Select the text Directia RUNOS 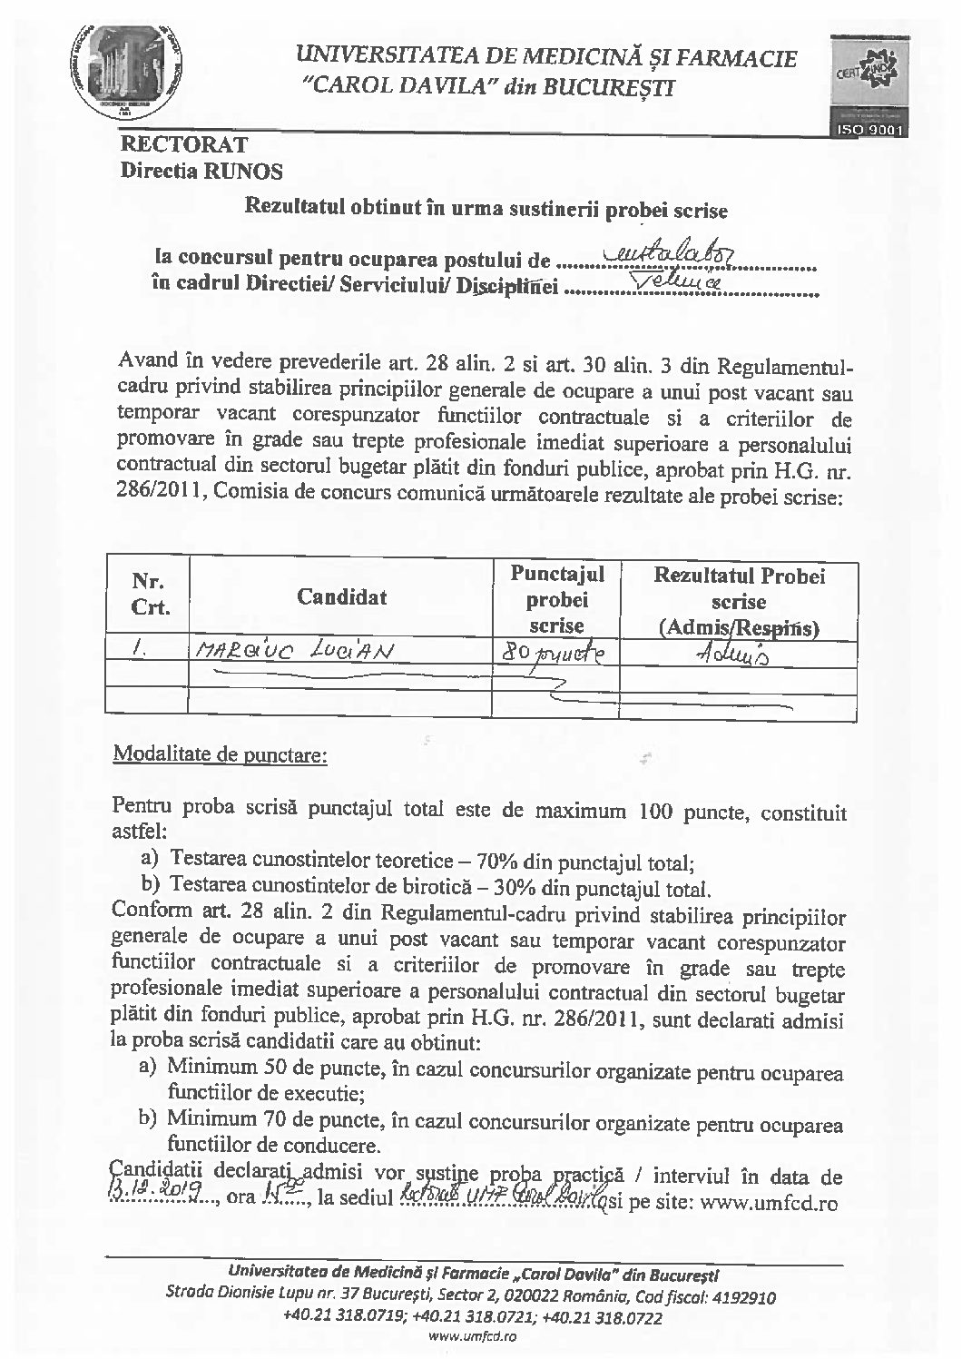pos(201,170)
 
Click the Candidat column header pos(341,596)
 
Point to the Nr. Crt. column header pos(150,596)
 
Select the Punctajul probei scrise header pos(556,597)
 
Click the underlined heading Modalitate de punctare pos(218,754)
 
